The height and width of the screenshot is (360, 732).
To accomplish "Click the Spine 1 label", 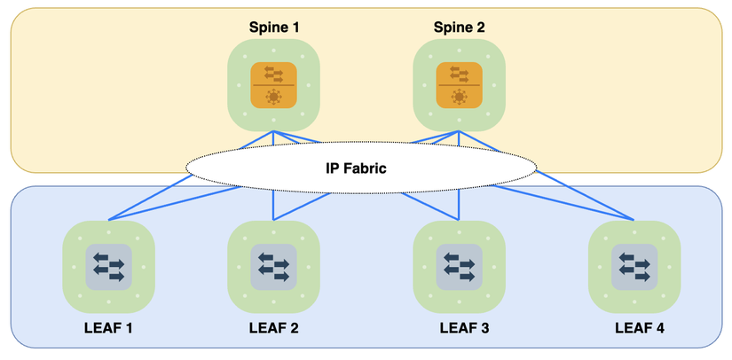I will coord(273,27).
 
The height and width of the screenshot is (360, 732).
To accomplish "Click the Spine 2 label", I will coord(459,27).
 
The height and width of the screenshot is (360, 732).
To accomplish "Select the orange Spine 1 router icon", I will coord(273,85).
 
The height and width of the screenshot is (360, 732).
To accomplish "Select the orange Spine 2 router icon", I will coord(459,85).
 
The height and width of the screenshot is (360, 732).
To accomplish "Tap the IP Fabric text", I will coord(361,166).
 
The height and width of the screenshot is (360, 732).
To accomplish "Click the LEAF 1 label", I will coord(108,328).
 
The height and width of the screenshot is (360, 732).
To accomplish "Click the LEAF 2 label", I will coord(273,328).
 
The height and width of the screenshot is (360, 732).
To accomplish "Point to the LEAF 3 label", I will coord(464,328).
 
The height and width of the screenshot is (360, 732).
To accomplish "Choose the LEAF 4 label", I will coord(639,328).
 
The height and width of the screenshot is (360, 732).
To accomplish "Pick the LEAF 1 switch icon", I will coord(108,266).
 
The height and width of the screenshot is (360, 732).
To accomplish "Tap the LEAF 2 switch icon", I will coord(273,266).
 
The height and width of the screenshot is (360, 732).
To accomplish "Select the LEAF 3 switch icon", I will coord(459,266).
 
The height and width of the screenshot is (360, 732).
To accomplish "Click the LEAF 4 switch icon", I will coord(634,266).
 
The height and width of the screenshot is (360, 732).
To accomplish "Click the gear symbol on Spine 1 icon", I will coord(273,97).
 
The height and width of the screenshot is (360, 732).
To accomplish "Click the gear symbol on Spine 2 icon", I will coord(459,97).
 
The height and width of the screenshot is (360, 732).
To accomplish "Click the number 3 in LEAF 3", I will coord(484,328).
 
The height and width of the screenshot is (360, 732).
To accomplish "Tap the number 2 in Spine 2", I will coord(480,27).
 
